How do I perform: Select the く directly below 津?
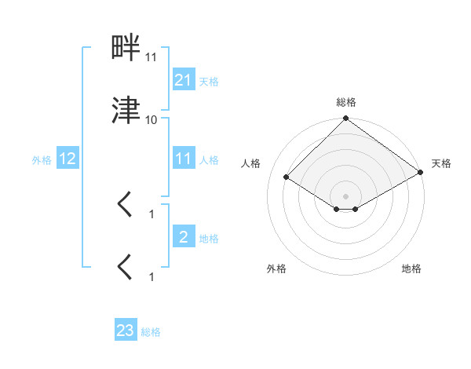pos(126,206)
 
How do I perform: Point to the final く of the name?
pos(126,268)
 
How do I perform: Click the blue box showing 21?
pos(184,79)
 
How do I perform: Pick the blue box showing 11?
pos(184,159)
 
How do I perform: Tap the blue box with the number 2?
pos(184,237)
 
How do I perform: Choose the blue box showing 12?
pos(68,159)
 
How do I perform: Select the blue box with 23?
pos(126,331)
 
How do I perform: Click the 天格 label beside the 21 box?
pos(209,81)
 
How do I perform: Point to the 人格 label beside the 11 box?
pos(209,159)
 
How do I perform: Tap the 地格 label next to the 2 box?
pos(209,238)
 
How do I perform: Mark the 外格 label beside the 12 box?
pos(42,159)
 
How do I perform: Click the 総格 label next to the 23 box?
pos(151,332)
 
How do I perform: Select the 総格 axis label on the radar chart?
pos(346,102)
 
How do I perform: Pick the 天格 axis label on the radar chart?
pos(442,163)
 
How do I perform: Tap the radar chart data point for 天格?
pos(421,172)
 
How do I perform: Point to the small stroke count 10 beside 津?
pos(152,119)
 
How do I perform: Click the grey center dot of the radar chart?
pos(346,196)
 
